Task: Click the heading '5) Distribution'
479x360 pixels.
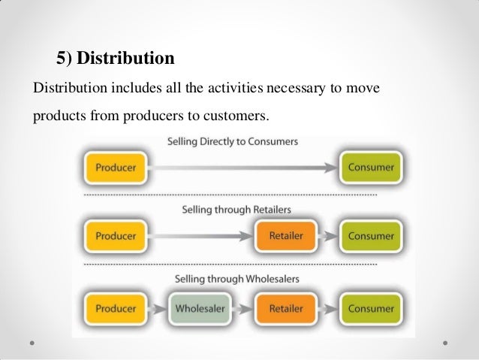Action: (x=116, y=58)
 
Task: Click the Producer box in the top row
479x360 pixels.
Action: (x=116, y=167)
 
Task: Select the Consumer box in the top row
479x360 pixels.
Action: (x=370, y=167)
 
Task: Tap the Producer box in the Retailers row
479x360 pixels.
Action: (x=116, y=235)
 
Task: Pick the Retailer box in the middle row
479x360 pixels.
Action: (x=285, y=235)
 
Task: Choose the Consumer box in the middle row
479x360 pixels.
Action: (x=370, y=235)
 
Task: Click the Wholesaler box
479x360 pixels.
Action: (x=201, y=308)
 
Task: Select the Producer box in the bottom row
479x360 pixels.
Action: (x=116, y=308)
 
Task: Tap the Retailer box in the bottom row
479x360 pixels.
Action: (x=285, y=308)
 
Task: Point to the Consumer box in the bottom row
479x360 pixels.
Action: (x=370, y=308)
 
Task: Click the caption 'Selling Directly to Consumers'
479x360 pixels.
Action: (x=232, y=141)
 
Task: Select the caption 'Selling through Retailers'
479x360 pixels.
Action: (x=236, y=209)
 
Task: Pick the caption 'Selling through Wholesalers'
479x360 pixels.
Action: (x=236, y=279)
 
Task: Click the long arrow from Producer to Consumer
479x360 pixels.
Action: (x=240, y=167)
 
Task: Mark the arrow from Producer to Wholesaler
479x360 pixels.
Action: (x=158, y=308)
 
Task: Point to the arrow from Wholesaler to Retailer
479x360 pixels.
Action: (x=243, y=308)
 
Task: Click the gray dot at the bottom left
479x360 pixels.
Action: (x=33, y=343)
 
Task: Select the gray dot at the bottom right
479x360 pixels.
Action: (x=446, y=343)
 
